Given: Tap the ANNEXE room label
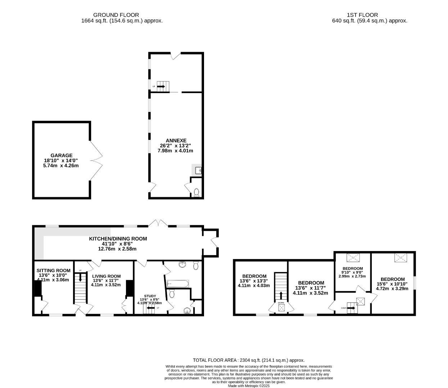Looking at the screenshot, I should [176, 140].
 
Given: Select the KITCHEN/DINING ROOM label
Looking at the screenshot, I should [118, 239].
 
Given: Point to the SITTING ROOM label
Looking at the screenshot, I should [53, 271].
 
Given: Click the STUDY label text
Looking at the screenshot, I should [150, 296].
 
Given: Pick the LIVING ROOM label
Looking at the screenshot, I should [107, 276].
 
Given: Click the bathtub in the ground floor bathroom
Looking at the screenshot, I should [177, 284].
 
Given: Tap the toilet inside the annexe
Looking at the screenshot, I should [196, 193].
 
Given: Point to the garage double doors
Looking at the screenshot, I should [96, 160].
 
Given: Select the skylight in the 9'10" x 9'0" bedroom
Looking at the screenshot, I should [353, 258].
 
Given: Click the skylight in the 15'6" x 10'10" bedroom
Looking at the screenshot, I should [399, 258].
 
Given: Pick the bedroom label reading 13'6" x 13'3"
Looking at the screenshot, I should [254, 276].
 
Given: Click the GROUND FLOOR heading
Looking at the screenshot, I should [116, 15].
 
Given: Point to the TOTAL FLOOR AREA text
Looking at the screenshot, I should [249, 360].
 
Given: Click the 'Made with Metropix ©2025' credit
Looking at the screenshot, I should [249, 386].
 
